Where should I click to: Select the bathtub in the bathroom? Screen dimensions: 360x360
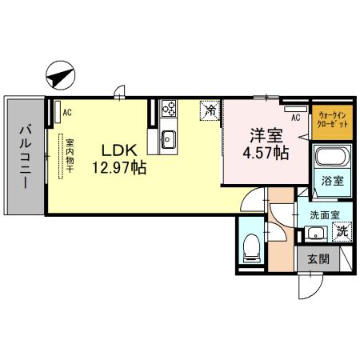330,158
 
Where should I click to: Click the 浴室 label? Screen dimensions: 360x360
333,181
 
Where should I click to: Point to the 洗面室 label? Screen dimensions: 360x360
325,214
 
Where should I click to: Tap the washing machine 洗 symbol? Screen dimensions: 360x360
342,233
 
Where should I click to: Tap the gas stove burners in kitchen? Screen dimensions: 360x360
169,108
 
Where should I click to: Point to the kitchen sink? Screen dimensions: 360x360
169,138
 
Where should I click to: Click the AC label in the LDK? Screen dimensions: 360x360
67,112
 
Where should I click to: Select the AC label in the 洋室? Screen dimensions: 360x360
295,118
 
